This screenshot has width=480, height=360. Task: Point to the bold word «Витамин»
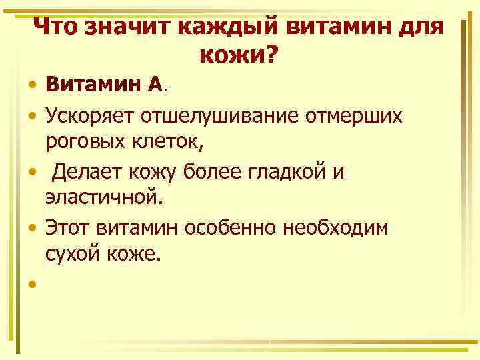click(93, 85)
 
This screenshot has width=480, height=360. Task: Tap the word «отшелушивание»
click(220, 116)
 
